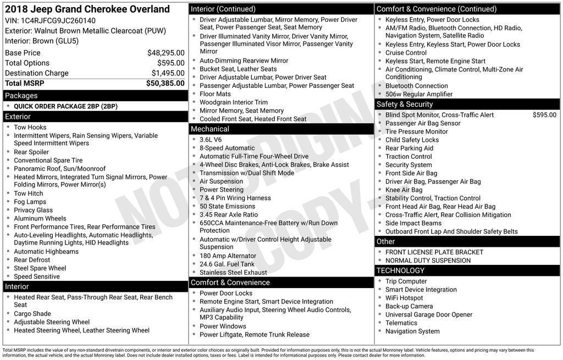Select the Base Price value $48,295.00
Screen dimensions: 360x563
(165, 53)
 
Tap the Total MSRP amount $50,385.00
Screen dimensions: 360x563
(165, 84)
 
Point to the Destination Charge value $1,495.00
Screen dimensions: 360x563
(168, 73)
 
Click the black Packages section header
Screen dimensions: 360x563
(95, 96)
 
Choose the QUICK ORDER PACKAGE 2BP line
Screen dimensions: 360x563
(65, 107)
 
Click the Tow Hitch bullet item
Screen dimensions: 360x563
(29, 193)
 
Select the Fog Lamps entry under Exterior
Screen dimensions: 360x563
(30, 202)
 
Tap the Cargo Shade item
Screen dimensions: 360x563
(32, 314)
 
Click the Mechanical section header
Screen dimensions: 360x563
(281, 129)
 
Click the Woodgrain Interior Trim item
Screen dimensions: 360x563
(234, 102)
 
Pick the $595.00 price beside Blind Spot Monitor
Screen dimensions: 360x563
(544, 115)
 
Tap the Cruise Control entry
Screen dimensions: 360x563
(406, 53)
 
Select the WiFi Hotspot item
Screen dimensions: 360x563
(404, 298)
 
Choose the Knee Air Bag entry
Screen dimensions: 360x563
(404, 190)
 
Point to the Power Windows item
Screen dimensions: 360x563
(223, 326)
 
